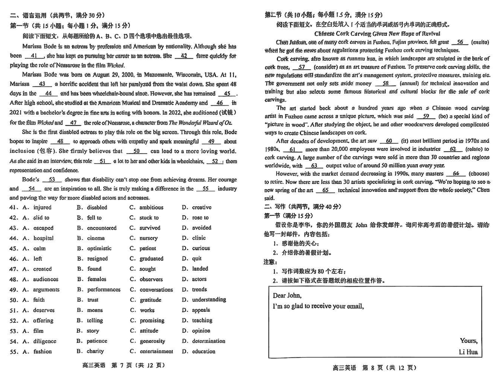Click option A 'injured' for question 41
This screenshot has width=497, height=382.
pos(42,208)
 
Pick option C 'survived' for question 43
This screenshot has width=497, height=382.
pos(149,228)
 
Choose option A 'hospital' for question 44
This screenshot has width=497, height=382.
pos(43,238)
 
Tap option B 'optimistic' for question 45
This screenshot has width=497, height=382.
pos(99,248)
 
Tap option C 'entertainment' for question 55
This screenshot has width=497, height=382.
pos(156,352)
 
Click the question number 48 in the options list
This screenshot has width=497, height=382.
pos(14,279)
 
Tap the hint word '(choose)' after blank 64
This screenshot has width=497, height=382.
pos(478,173)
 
